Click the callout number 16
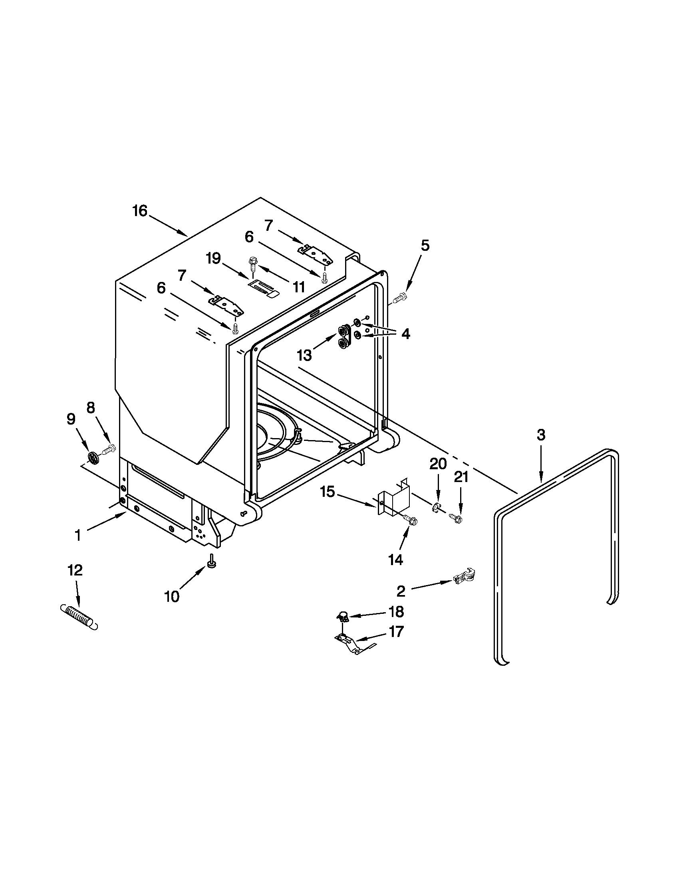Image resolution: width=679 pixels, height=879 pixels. pyautogui.click(x=140, y=211)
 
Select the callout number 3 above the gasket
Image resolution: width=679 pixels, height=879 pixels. pyautogui.click(x=541, y=435)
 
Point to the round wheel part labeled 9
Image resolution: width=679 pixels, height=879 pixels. pyautogui.click(x=93, y=458)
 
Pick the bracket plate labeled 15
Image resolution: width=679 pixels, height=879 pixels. pyautogui.click(x=394, y=499)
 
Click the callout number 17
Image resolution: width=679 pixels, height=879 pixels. pyautogui.click(x=396, y=631)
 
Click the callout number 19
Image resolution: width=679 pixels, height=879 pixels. pyautogui.click(x=213, y=258)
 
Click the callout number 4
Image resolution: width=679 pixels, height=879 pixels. pyautogui.click(x=405, y=333)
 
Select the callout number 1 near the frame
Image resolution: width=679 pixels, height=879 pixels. pyautogui.click(x=78, y=535)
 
